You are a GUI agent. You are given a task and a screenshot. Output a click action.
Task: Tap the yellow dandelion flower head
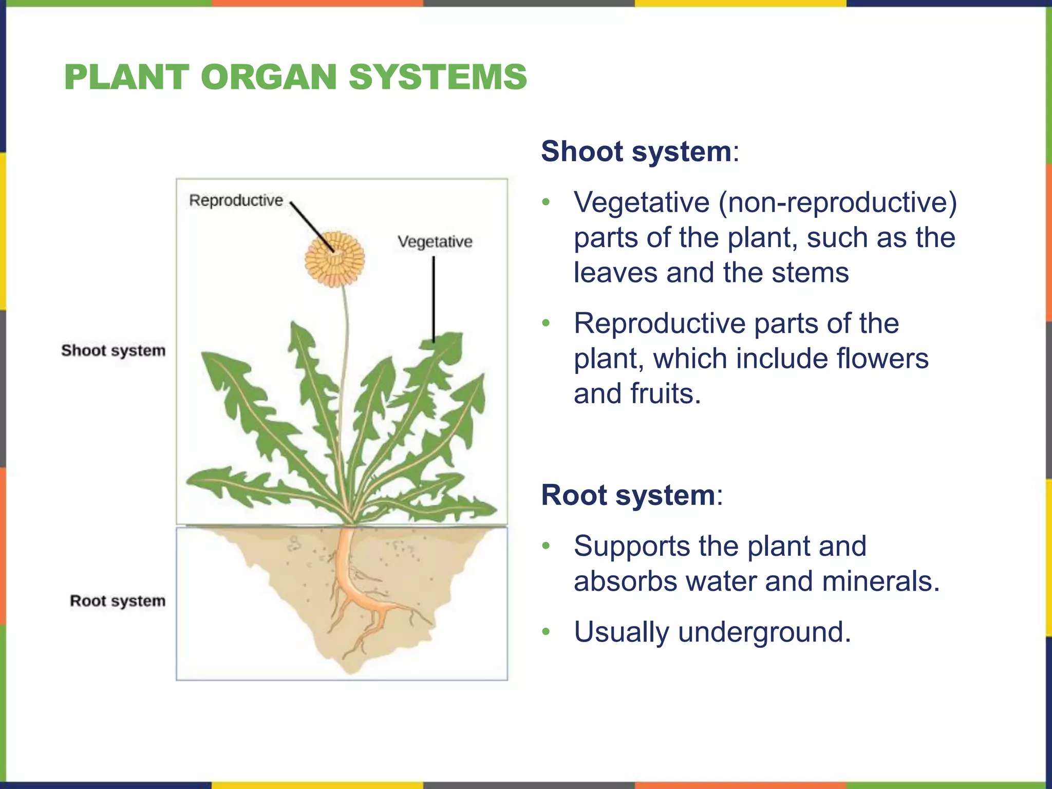334,259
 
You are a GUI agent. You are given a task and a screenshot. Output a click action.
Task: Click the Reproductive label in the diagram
236,200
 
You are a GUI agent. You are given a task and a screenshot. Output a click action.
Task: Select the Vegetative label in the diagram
435,241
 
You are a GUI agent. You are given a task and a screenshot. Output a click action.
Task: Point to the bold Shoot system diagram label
114,350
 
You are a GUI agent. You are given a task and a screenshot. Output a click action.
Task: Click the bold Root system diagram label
118,600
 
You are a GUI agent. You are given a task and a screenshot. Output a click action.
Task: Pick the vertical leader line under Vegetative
434,298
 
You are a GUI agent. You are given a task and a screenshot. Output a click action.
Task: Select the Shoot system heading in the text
636,152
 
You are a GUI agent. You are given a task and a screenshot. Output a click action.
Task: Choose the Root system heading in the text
628,495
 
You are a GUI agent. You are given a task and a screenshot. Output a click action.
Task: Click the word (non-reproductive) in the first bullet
837,202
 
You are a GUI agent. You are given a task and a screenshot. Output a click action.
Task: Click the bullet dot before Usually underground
546,631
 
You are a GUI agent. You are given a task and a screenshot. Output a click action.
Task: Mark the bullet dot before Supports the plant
546,546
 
